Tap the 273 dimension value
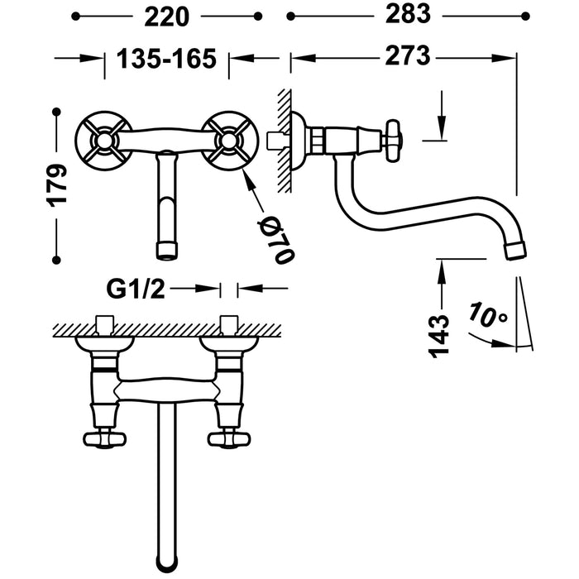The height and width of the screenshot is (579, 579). coord(406,57)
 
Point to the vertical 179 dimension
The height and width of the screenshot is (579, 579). coord(56,183)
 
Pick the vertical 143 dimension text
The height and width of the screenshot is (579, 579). coord(442,334)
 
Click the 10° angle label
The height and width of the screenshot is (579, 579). coord(487,317)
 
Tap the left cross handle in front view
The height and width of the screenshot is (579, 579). coord(103,141)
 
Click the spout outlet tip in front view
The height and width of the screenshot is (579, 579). coord(166,247)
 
